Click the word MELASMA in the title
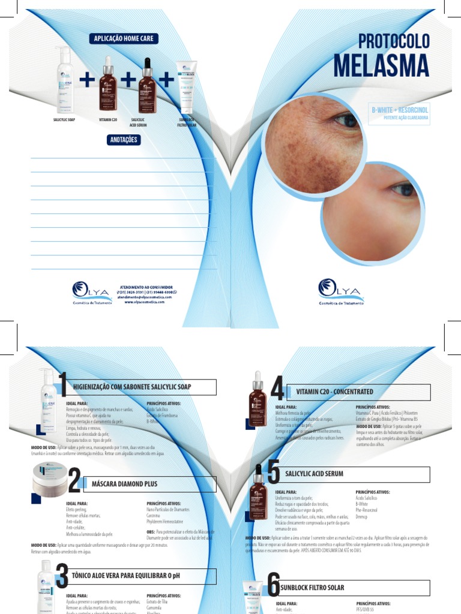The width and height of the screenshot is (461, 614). pyautogui.click(x=381, y=65)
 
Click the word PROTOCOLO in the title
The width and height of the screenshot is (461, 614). pyautogui.click(x=394, y=41)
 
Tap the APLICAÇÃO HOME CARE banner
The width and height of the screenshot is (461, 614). pyautogui.click(x=124, y=38)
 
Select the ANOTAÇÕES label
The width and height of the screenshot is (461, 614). pyautogui.click(x=123, y=140)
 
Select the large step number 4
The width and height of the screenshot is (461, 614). pyautogui.click(x=277, y=390)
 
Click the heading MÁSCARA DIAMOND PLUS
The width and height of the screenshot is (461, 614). pyautogui.click(x=125, y=483)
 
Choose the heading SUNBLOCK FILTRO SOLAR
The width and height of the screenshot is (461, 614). pyautogui.click(x=312, y=588)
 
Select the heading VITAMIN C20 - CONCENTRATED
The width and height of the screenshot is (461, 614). pyautogui.click(x=335, y=392)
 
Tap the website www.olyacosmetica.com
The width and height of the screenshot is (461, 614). pyautogui.click(x=146, y=302)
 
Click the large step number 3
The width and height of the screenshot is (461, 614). pyautogui.click(x=61, y=577)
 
